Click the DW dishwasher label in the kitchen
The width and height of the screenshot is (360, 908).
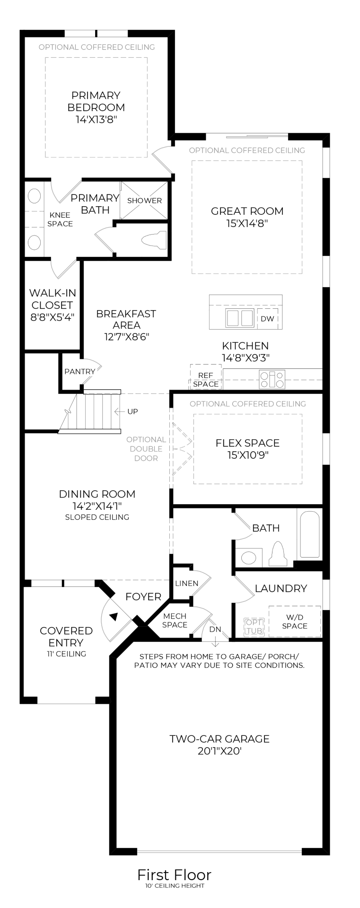[267, 319]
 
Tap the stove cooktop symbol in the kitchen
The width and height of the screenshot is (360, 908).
[272, 379]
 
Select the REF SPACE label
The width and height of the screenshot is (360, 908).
[206, 380]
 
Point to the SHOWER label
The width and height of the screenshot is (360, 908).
[144, 201]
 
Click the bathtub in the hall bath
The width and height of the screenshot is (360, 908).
[310, 534]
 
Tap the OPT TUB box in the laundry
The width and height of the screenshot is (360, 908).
[254, 626]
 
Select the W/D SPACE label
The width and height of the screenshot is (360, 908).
[295, 621]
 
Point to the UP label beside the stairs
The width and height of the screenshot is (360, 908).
[132, 411]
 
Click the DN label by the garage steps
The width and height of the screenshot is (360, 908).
[215, 629]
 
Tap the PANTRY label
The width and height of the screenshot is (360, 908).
[79, 372]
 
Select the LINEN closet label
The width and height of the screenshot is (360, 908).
[187, 583]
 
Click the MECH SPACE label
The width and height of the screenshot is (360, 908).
[175, 620]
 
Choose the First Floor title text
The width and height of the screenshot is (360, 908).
[174, 874]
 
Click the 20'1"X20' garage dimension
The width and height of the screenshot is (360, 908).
[220, 751]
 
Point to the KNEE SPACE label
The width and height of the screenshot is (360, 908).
[60, 219]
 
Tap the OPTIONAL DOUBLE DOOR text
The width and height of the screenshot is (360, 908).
[146, 449]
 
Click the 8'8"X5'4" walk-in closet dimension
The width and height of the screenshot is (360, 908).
[52, 317]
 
